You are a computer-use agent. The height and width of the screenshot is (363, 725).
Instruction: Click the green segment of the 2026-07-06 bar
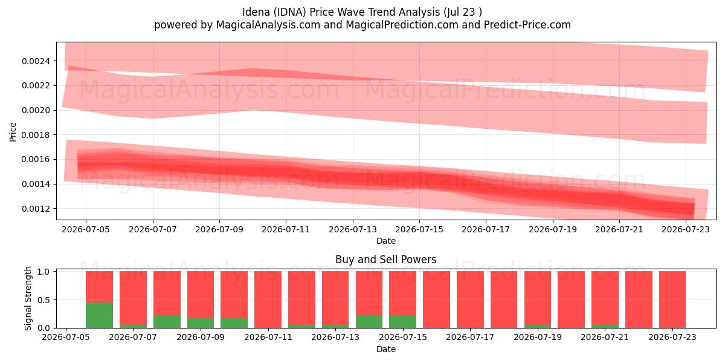(99, 315)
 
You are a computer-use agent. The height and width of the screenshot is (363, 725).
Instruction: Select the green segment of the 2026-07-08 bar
(167, 321)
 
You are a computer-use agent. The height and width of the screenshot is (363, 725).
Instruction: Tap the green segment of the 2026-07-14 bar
(369, 321)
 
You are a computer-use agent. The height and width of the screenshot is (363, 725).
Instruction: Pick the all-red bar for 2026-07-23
(672, 299)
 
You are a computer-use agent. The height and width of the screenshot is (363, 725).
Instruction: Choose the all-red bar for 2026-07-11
(268, 299)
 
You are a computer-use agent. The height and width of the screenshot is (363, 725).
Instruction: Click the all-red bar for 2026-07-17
(470, 299)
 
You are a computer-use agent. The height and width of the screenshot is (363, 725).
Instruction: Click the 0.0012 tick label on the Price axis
(36, 209)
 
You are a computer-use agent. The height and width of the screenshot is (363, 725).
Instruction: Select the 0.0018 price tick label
(36, 135)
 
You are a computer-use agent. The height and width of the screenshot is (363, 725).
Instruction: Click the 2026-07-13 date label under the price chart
(353, 229)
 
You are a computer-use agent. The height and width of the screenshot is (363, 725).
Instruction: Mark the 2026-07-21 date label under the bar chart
(605, 337)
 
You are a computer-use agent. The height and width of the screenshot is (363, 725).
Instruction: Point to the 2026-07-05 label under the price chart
(86, 229)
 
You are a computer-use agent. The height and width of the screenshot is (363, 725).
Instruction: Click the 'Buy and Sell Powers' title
(386, 260)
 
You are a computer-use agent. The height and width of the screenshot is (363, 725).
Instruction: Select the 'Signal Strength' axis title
(28, 298)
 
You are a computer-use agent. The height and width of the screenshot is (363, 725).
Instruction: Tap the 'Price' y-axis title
(13, 132)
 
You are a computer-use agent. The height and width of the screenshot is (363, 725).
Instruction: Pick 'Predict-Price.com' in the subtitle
(527, 25)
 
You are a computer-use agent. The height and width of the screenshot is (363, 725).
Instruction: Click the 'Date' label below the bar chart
(386, 349)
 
